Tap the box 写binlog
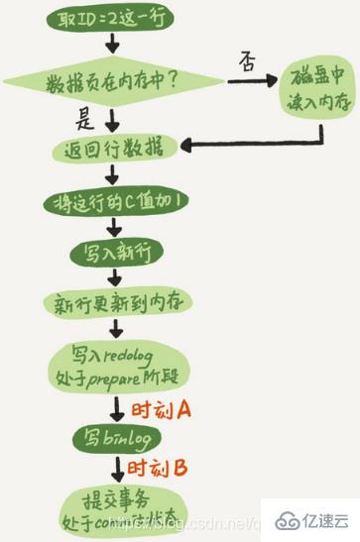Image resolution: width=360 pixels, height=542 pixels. pos(110,437)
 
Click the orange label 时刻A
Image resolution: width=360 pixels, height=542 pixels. pos(168,408)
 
